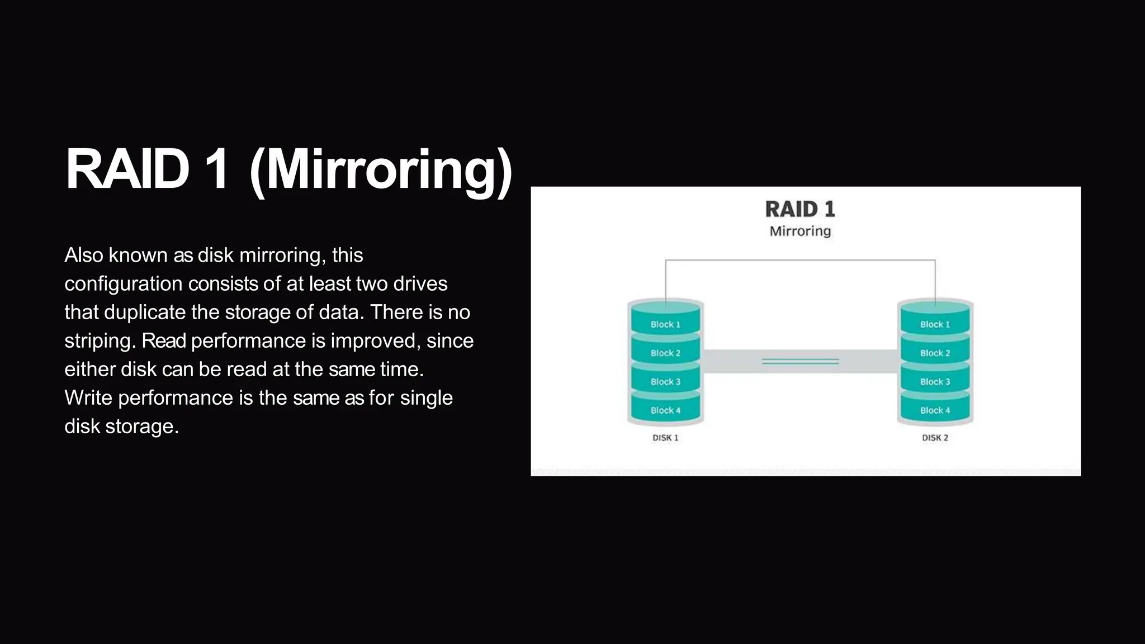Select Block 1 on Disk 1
pos(665,324)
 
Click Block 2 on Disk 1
pos(665,353)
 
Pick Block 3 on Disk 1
pos(665,382)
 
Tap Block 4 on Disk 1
pos(665,410)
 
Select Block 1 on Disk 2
pos(935,324)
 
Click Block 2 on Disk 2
pos(935,353)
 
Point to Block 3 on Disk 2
pos(935,382)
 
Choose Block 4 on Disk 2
pos(935,410)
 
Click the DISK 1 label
pos(665,438)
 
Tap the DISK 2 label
pos(935,438)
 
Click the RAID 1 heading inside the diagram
pos(800,210)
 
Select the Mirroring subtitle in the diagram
pos(800,231)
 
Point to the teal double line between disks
pos(800,362)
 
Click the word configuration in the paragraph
pos(123,284)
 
